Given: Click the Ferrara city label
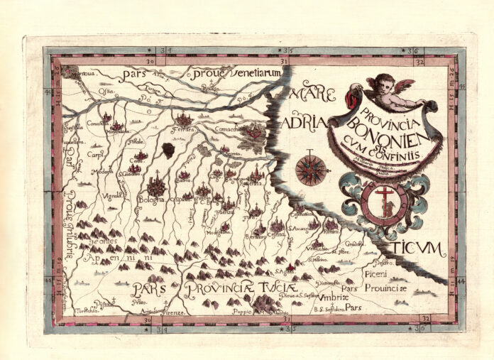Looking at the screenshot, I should [x=186, y=131].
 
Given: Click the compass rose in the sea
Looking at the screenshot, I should [x=311, y=170].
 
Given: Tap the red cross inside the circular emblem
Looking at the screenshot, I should [x=383, y=196].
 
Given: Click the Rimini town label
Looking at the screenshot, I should [x=331, y=230].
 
